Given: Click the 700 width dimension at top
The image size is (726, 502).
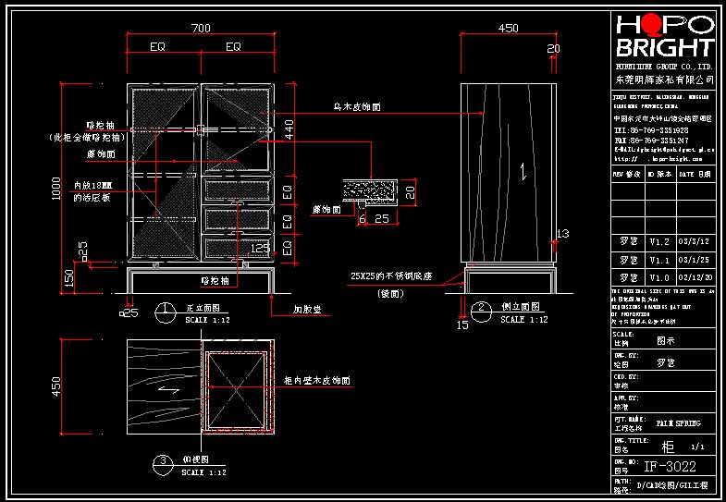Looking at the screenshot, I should pyautogui.click(x=201, y=29).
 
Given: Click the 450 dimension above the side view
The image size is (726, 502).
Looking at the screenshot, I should pyautogui.click(x=508, y=29).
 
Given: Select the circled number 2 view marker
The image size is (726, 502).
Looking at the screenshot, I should pyautogui.click(x=480, y=309).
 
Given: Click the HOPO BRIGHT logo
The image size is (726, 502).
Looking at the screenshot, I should pyautogui.click(x=665, y=36).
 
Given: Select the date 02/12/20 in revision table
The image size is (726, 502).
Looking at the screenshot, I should pyautogui.click(x=695, y=277).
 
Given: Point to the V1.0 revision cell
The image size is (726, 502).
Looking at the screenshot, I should pyautogui.click(x=658, y=277).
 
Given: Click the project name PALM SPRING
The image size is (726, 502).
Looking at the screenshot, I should pyautogui.click(x=678, y=423).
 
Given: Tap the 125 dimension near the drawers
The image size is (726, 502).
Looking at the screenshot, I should pyautogui.click(x=260, y=249).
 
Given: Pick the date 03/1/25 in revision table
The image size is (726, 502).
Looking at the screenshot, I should pyautogui.click(x=695, y=260).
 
